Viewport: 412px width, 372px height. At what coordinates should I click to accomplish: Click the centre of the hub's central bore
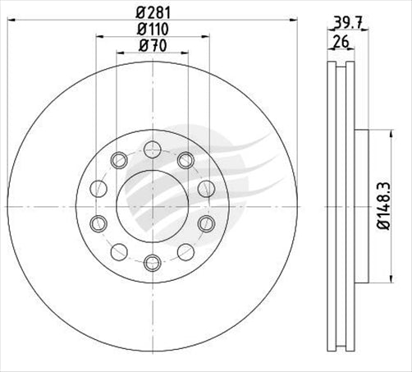(x=152, y=205)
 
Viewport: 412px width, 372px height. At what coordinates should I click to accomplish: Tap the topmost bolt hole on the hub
(x=152, y=149)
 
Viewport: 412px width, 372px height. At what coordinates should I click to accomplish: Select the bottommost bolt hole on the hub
(x=152, y=263)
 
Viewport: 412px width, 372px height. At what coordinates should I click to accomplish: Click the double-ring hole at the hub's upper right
(x=185, y=159)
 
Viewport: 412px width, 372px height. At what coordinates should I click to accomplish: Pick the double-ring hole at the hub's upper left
(x=119, y=159)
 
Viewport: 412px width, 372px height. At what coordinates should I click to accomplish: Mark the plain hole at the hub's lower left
(x=119, y=252)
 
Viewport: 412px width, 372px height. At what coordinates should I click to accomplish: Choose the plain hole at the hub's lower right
(x=185, y=252)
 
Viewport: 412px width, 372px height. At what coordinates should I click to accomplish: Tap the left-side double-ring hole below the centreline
(x=98, y=223)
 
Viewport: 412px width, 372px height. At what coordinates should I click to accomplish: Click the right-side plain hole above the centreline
(x=206, y=188)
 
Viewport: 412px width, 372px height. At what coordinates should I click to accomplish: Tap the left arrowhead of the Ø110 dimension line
(x=98, y=36)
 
